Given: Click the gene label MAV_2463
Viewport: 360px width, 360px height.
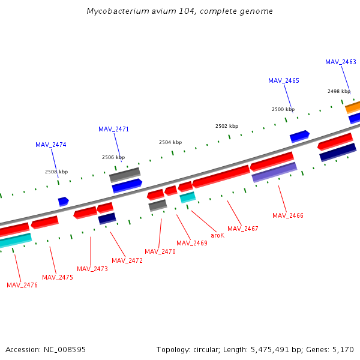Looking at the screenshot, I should pyautogui.click(x=340, y=62).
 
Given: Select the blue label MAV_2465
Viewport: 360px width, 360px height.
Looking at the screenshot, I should pyautogui.click(x=283, y=80).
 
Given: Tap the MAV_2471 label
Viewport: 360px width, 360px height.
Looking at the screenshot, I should pyautogui.click(x=113, y=129).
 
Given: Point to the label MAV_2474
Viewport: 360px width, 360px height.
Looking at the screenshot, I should pyautogui.click(x=50, y=145).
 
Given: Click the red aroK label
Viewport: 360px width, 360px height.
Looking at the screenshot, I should pyautogui.click(x=217, y=235).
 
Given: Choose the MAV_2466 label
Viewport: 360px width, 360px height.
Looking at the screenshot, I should pyautogui.click(x=287, y=215).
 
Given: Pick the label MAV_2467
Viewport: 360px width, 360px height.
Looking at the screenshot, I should pyautogui.click(x=243, y=229).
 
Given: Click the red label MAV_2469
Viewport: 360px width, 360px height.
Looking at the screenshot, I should pyautogui.click(x=191, y=243).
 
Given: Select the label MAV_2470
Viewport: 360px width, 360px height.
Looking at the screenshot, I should pyautogui.click(x=160, y=251).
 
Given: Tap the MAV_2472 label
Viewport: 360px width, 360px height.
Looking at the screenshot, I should pyautogui.click(x=127, y=260).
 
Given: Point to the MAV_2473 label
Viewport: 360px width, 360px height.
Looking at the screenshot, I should pyautogui.click(x=92, y=269).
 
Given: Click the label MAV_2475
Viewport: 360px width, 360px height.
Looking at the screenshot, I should pyautogui.click(x=57, y=277).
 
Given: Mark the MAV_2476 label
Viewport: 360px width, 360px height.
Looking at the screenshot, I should pyautogui.click(x=22, y=285).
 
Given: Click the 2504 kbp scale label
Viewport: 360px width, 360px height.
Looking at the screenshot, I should pyautogui.click(x=170, y=142).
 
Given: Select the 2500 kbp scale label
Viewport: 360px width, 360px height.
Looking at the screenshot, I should pyautogui.click(x=283, y=109).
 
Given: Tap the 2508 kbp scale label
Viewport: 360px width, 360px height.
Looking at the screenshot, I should pyautogui.click(x=56, y=172).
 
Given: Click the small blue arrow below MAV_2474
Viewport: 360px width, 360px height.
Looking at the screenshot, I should pyautogui.click(x=63, y=202).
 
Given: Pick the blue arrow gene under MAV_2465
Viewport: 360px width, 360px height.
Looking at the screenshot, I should pyautogui.click(x=299, y=136).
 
